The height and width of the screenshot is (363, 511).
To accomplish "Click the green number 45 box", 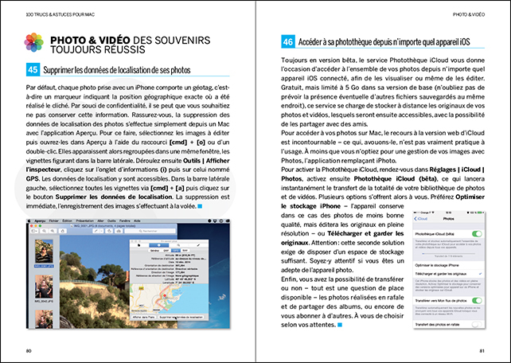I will (33, 70).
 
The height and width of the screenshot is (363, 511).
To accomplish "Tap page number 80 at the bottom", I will (29, 350).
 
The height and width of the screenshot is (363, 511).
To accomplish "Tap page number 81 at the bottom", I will (482, 350).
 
